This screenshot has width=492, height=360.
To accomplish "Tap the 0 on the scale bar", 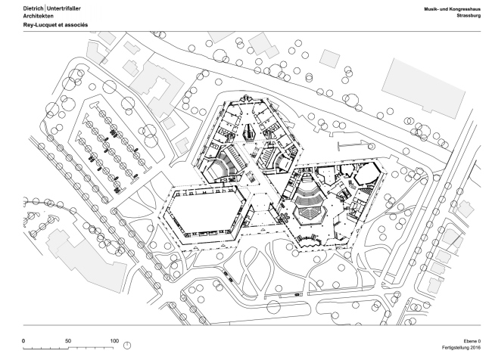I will point(24,340).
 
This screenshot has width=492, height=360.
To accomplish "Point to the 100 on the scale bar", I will point(114,340).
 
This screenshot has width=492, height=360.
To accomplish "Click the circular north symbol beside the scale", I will point(126,346).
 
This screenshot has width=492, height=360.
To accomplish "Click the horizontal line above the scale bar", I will point(246,330).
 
